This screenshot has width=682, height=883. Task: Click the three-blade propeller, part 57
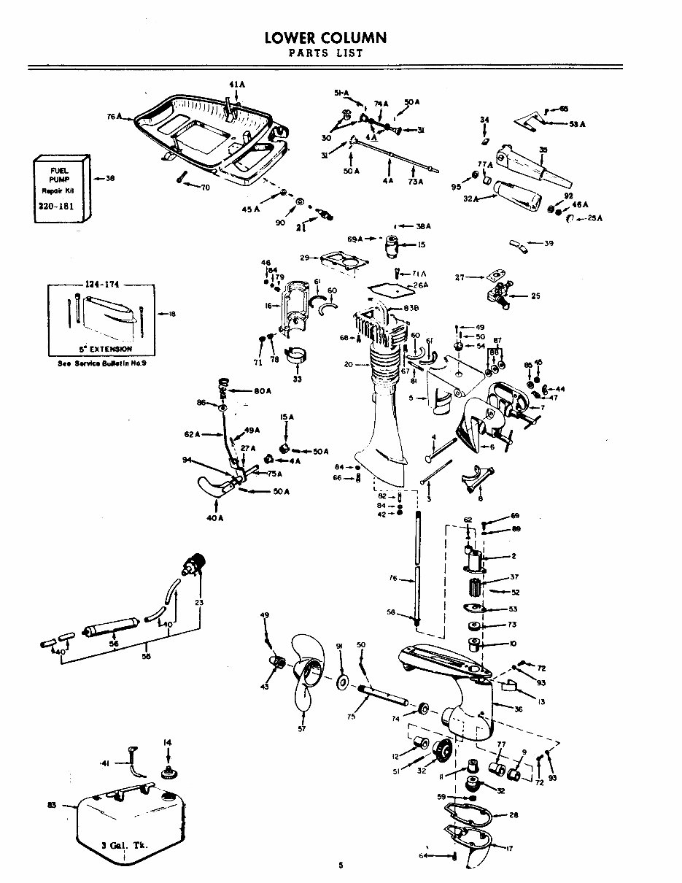[x=306, y=675]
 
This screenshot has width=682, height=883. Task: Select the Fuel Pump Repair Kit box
[x=61, y=189]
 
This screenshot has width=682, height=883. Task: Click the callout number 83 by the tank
[x=51, y=804]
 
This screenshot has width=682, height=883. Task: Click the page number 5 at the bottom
[x=340, y=865]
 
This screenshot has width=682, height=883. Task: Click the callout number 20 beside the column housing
[x=348, y=363]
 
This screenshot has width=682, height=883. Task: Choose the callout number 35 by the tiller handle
[x=543, y=150]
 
